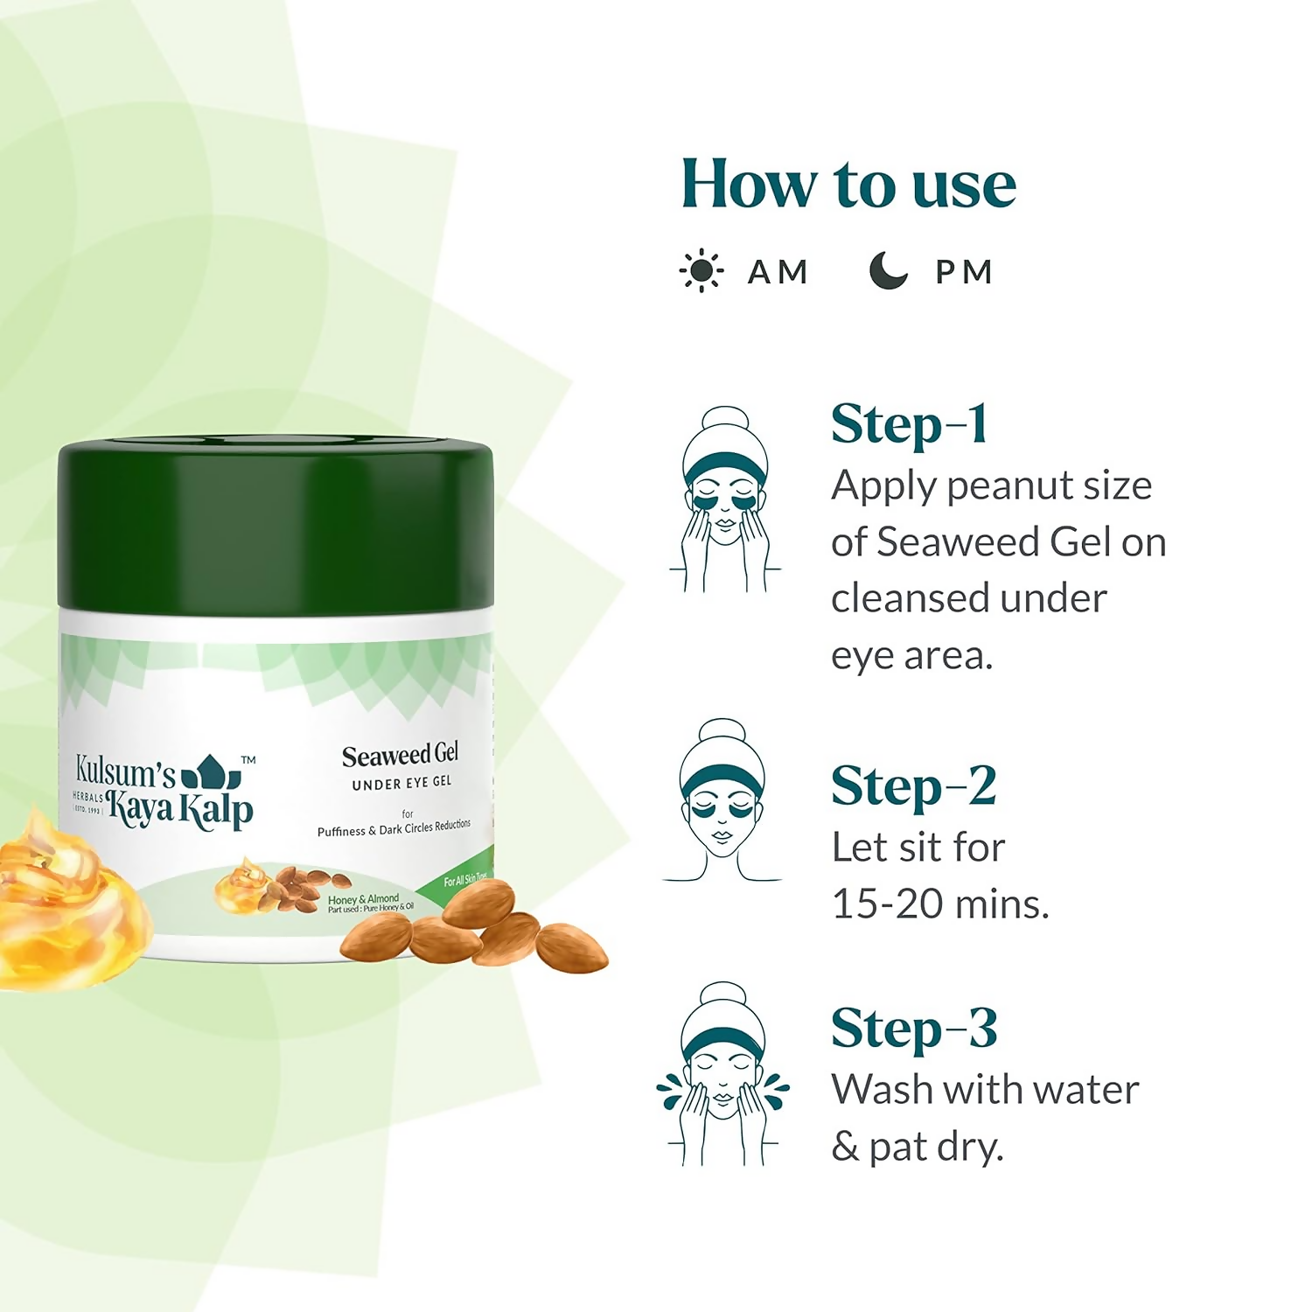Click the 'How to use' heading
point(848,185)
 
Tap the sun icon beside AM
point(701,271)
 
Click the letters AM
point(778,272)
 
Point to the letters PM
point(964,272)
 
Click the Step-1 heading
point(910,425)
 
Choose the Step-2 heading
point(913,786)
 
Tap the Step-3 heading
point(914,1029)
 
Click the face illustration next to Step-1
point(725,499)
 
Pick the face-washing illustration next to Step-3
point(722,1073)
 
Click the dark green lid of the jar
point(276,525)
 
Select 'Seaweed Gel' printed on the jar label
point(400,755)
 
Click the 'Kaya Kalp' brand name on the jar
point(180,809)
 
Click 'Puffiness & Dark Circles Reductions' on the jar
point(394,828)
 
